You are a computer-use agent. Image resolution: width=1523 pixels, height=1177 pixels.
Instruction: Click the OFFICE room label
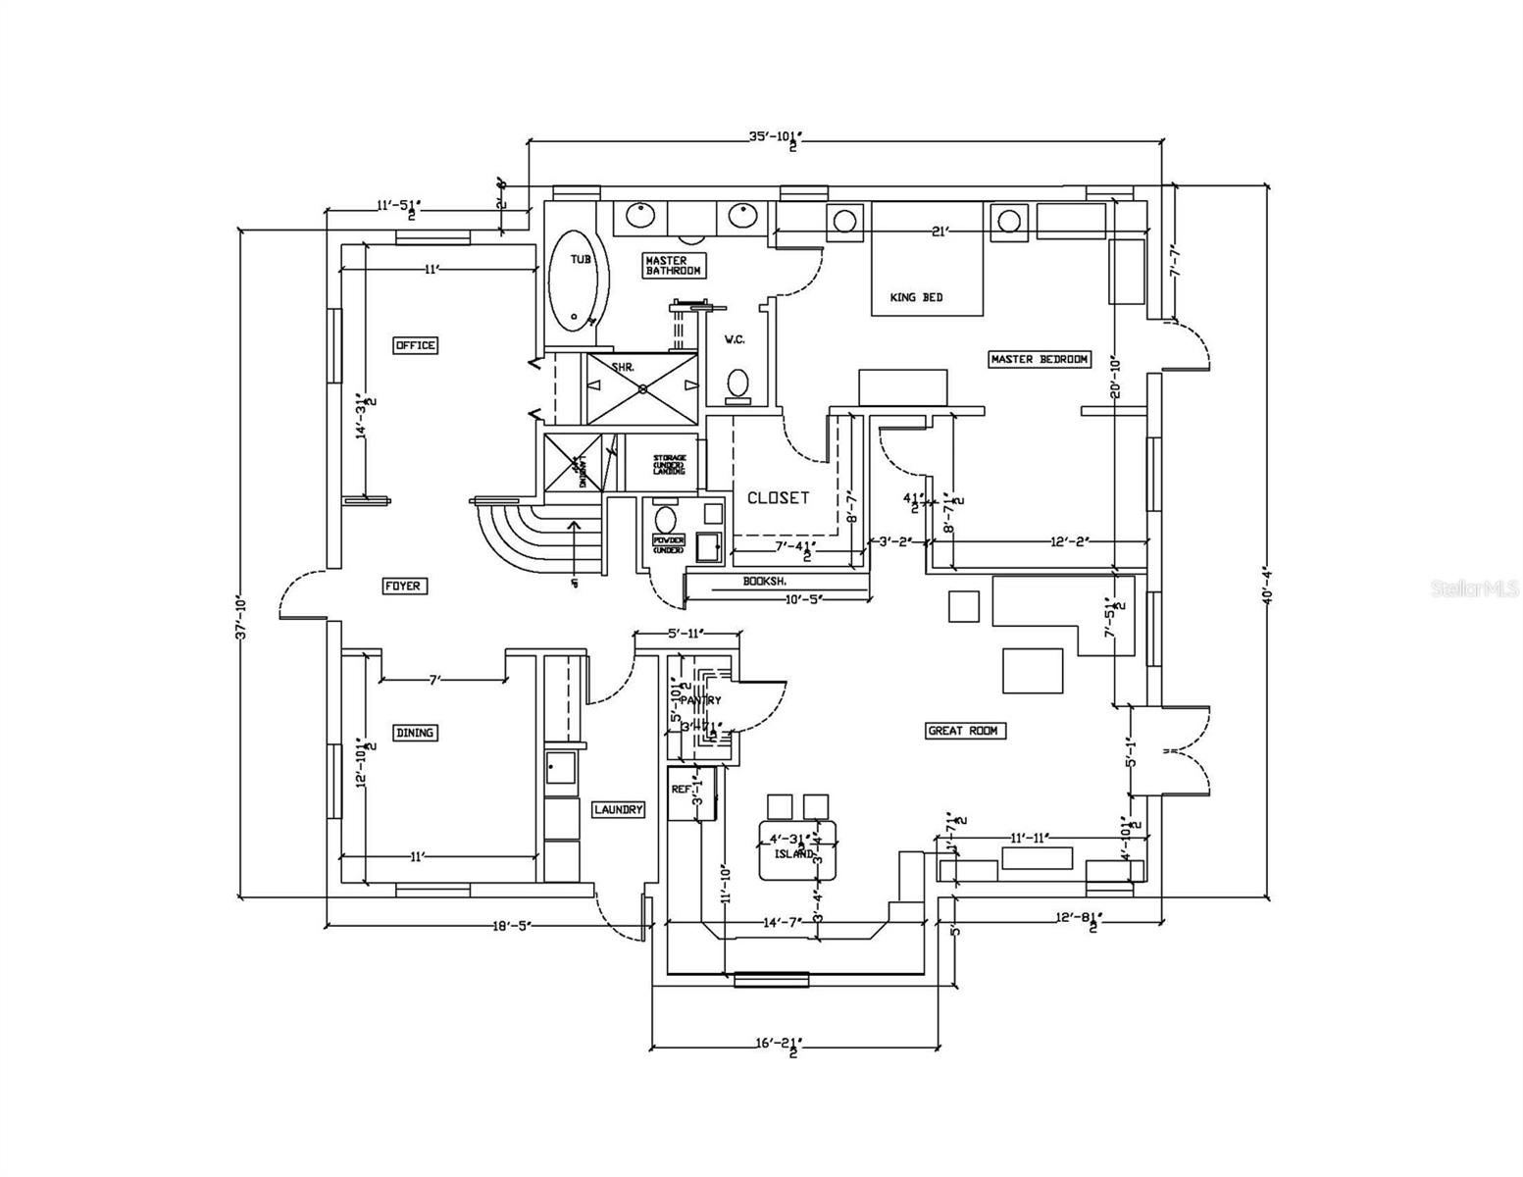tap(415, 345)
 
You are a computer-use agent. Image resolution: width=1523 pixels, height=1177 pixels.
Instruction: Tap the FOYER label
tap(402, 586)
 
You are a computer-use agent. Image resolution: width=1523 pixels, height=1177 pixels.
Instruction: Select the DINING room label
tap(415, 733)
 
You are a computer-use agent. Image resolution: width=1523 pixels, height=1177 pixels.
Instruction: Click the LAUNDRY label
tap(619, 809)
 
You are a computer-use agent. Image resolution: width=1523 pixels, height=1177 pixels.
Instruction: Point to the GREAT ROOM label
tap(966, 731)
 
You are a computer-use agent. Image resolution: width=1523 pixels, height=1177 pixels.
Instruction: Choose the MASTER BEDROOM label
tap(1040, 359)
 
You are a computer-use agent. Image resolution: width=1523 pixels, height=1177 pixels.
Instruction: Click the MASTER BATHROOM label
tap(674, 265)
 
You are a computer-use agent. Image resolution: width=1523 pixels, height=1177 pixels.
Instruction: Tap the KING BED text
tap(916, 297)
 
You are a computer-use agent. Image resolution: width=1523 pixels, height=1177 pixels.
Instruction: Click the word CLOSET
tap(779, 497)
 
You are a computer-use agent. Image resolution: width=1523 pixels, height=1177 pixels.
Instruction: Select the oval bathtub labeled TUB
tap(572, 280)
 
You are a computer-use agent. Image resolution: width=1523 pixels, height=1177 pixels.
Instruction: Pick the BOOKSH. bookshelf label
tap(764, 581)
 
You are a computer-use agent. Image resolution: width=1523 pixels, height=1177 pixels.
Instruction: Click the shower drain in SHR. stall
tap(643, 387)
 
